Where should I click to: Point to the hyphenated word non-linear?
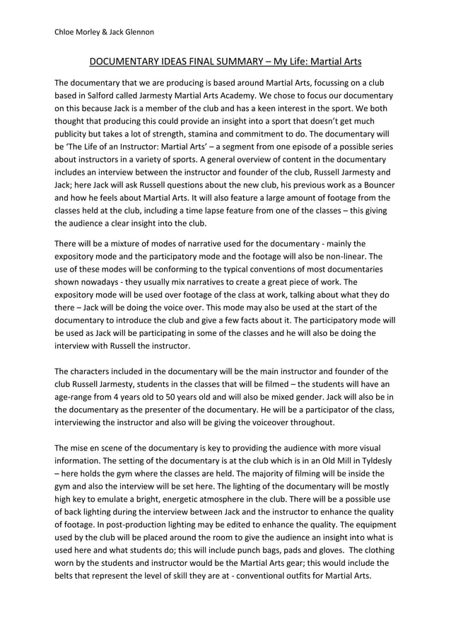pos(345,256)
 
